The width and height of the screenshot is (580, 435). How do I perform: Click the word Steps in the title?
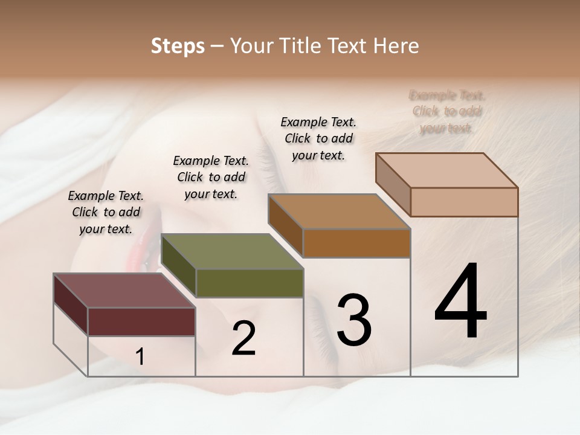[x=178, y=46]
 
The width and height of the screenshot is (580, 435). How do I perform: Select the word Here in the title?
[x=396, y=46]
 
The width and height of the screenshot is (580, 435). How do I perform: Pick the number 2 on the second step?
[x=243, y=338]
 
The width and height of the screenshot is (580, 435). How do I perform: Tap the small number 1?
[x=140, y=357]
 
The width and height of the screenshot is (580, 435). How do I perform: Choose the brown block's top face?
[x=339, y=211]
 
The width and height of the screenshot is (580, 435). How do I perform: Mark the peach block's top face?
[x=446, y=170]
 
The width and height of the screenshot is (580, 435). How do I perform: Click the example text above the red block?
[x=106, y=212]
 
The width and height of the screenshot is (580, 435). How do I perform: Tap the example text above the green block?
[x=211, y=177]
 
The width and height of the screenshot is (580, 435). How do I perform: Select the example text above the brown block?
[x=318, y=138]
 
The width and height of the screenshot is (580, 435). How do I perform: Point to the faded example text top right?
[x=447, y=112]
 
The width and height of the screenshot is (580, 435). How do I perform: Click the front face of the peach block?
[x=464, y=202]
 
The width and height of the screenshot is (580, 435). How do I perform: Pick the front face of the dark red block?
[x=141, y=321]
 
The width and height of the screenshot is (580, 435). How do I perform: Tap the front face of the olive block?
[x=250, y=283]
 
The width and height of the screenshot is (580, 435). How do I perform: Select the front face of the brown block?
[x=356, y=243]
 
